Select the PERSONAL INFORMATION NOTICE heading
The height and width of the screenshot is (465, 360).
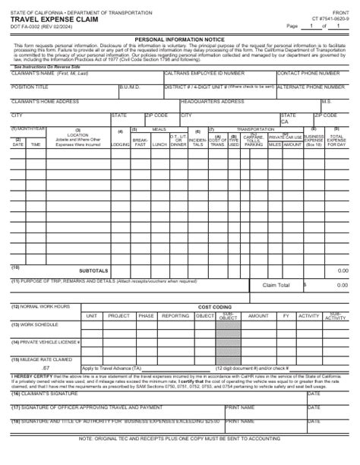tap(180, 38)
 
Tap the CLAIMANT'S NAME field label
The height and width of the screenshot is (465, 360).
tap(43, 74)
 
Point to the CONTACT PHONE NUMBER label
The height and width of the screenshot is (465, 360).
tap(308, 74)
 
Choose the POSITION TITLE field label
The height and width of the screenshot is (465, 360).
tap(30, 87)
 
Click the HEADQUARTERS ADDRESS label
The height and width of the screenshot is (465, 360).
tap(210, 100)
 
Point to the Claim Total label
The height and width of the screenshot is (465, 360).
tap(276, 286)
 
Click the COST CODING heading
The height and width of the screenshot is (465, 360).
tap(214, 307)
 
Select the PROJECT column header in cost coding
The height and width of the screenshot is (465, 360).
tap(118, 315)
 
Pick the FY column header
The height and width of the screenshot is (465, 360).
tap(286, 315)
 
